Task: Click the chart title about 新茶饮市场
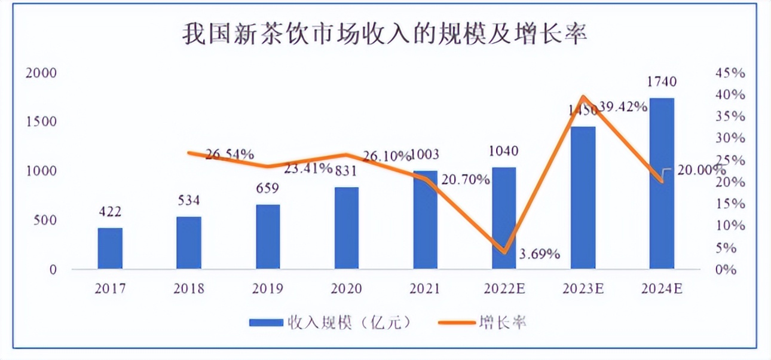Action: click(385, 34)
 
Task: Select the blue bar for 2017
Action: click(110, 248)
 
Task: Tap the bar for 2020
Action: click(347, 228)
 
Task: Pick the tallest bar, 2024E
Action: click(662, 183)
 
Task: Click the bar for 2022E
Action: click(504, 218)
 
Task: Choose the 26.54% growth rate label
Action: click(230, 154)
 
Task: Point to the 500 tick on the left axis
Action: click(44, 220)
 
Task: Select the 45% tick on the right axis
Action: click(730, 73)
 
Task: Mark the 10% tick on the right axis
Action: click(730, 225)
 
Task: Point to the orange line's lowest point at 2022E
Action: click(504, 252)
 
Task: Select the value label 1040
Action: click(504, 151)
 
